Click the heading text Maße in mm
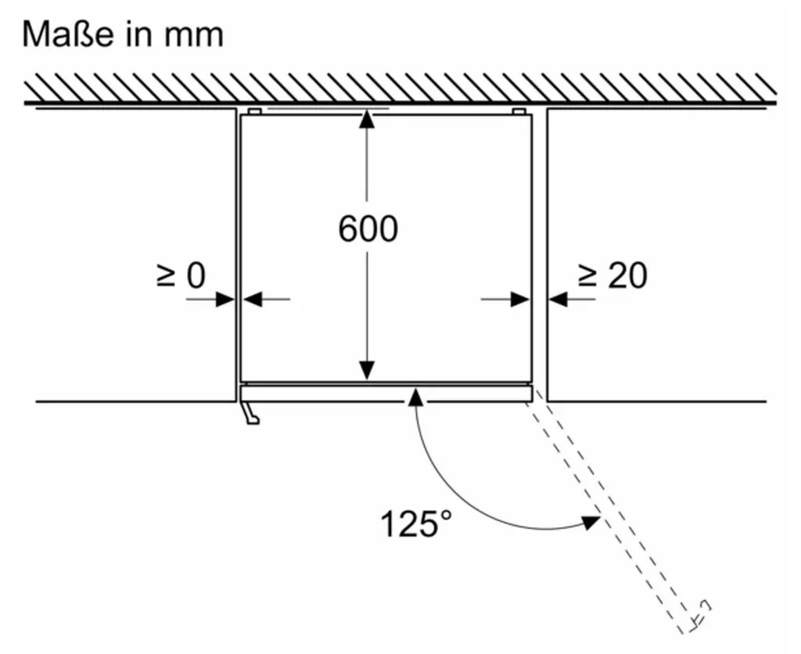123,34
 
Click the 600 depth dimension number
368,228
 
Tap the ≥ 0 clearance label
181,275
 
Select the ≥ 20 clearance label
612,275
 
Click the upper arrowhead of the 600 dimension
367,119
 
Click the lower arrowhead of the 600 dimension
367,371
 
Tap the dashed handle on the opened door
702,613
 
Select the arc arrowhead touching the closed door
416,396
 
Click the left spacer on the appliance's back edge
254,111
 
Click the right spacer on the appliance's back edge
518,111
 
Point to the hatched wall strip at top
400,88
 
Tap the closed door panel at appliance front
386,393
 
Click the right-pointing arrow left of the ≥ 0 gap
210,299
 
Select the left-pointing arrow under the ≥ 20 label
572,299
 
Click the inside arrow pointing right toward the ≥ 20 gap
505,299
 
